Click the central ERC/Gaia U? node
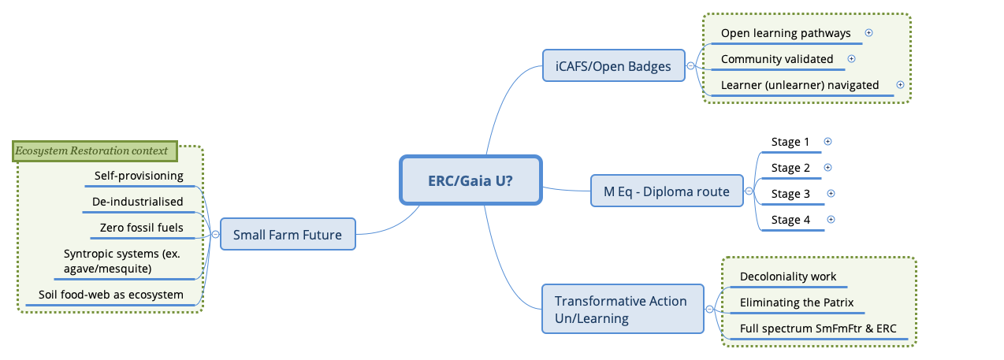(470, 180)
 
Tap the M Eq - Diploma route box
(667, 191)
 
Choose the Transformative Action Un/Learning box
(622, 309)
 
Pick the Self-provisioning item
(139, 176)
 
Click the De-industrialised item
(137, 202)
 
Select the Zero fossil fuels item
(142, 228)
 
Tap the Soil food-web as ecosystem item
(111, 295)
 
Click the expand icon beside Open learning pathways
(868, 33)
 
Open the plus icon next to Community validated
(851, 59)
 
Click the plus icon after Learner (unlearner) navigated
(900, 85)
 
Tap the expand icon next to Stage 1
(827, 142)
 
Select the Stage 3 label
(790, 194)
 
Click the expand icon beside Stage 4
(831, 220)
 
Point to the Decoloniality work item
(788, 276)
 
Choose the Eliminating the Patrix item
(797, 302)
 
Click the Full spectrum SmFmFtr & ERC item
(818, 328)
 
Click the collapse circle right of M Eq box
(748, 191)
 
